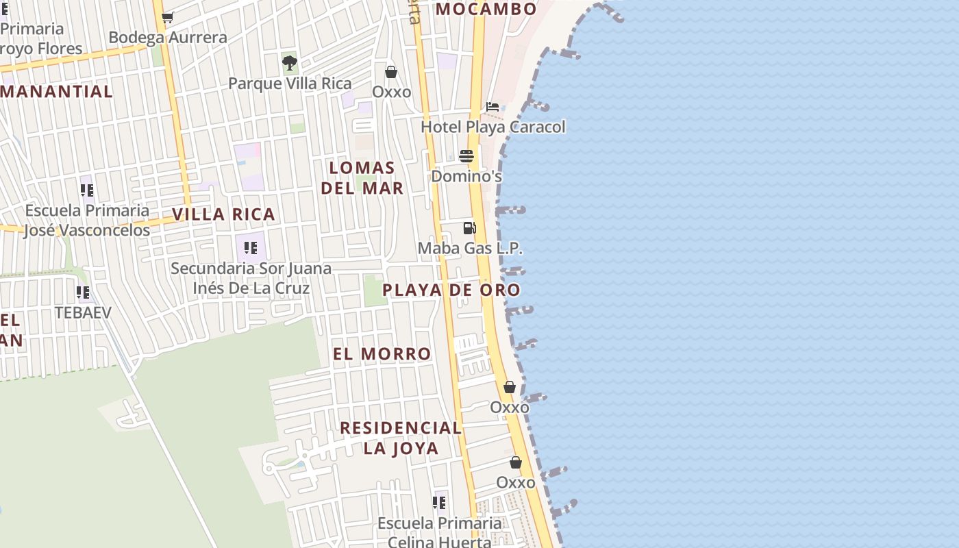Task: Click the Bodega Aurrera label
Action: pyautogui.click(x=168, y=38)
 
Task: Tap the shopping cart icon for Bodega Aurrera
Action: pyautogui.click(x=168, y=17)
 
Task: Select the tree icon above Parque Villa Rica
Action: pyautogui.click(x=290, y=63)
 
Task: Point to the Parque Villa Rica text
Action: pyautogui.click(x=290, y=84)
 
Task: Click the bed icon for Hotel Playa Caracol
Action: pyautogui.click(x=493, y=107)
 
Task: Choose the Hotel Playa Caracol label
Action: pyautogui.click(x=493, y=127)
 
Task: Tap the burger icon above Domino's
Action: pyautogui.click(x=466, y=156)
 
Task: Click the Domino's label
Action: pyautogui.click(x=466, y=176)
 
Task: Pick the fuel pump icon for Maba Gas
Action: pyautogui.click(x=469, y=227)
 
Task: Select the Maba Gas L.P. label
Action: pyautogui.click(x=470, y=248)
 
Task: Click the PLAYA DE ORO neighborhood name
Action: pyautogui.click(x=451, y=290)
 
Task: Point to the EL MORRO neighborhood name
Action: pyautogui.click(x=382, y=354)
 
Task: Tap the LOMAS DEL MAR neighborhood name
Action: pyautogui.click(x=362, y=177)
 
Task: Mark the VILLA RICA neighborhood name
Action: pyautogui.click(x=223, y=214)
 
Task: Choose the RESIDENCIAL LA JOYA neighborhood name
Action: pyautogui.click(x=401, y=438)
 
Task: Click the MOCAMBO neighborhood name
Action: pyautogui.click(x=486, y=9)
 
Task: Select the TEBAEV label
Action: pyautogui.click(x=83, y=312)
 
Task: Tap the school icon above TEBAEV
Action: pyautogui.click(x=83, y=292)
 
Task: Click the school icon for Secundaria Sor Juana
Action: pyautogui.click(x=251, y=247)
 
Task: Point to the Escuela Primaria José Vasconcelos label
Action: pyautogui.click(x=87, y=220)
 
